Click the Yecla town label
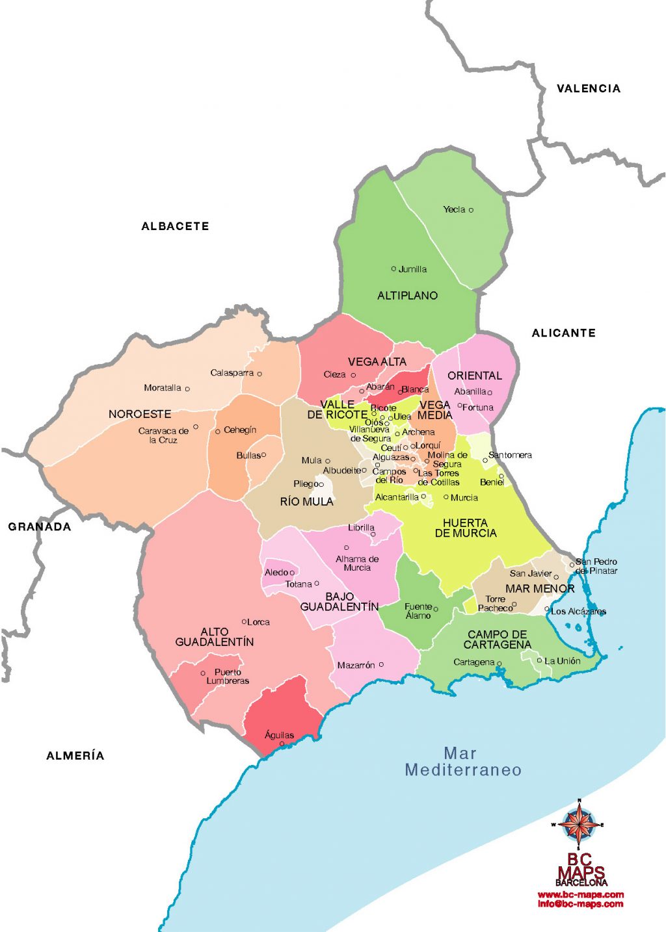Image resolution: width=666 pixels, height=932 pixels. coord(454,209)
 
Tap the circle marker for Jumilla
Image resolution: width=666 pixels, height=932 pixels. coord(393,268)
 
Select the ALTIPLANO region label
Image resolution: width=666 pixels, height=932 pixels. coord(407,296)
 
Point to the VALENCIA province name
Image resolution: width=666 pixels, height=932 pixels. coord(588,88)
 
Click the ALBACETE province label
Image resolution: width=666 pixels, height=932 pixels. coord(175,226)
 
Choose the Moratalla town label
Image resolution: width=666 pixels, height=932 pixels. coord(163,388)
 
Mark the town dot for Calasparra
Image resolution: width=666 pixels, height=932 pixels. coord(260,374)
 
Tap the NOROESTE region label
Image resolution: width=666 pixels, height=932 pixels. coord(140,414)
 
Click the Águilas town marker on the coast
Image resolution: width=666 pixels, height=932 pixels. coord(282,744)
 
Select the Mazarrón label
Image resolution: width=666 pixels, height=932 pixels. coord(356,666)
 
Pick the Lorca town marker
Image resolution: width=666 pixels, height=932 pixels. coord(245,622)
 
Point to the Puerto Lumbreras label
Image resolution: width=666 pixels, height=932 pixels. coord(228,677)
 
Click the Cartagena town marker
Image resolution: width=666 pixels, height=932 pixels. coord(499,663)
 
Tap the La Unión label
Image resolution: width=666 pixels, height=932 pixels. coord(562,661)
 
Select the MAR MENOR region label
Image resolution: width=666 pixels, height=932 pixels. coord(540,589)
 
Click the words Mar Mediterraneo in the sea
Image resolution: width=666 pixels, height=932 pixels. coord(462,762)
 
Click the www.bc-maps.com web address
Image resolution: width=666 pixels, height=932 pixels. coord(580,895)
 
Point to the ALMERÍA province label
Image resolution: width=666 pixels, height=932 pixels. coord(75,755)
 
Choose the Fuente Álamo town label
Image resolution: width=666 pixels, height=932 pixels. coord(418,611)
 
